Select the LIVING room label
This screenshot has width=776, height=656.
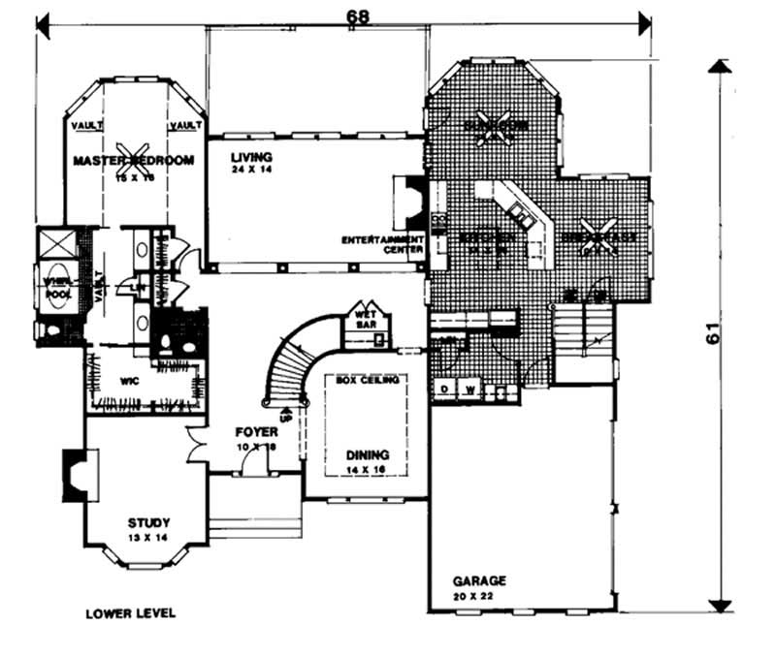point(251,156)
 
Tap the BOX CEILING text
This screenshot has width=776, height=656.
point(368,381)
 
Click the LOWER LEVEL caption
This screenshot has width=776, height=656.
point(130,613)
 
